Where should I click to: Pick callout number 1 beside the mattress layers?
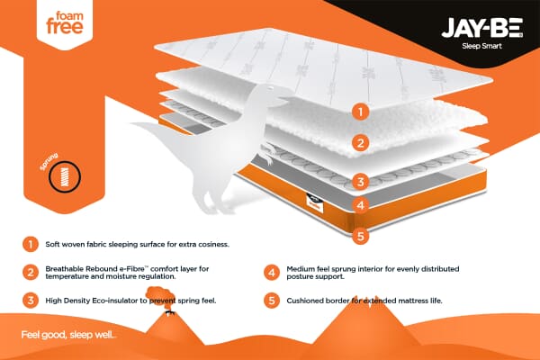tap(360, 112)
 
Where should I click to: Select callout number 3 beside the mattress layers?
tap(360, 181)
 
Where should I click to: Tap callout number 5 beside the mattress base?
tap(360, 238)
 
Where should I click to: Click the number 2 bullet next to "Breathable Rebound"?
tap(31, 271)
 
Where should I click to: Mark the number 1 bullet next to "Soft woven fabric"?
tap(31, 244)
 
